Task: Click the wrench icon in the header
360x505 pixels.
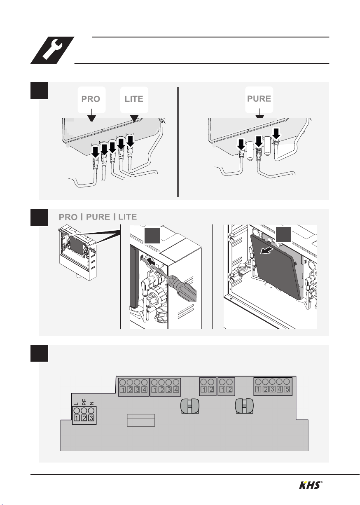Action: (x=52, y=50)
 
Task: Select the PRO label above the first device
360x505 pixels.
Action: (x=91, y=99)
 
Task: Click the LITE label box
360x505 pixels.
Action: (x=134, y=100)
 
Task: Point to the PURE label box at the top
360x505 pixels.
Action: (x=259, y=99)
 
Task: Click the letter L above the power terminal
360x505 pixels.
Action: (x=77, y=404)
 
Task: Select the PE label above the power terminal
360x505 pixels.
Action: (x=84, y=402)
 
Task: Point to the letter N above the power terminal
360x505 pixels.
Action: (x=91, y=404)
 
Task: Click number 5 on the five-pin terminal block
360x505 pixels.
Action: (x=287, y=389)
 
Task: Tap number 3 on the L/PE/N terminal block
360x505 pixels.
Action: (x=91, y=418)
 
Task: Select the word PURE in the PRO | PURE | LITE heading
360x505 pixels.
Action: (x=98, y=217)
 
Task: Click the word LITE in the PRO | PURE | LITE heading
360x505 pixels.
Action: (x=128, y=217)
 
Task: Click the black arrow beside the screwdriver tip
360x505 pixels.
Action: (x=151, y=262)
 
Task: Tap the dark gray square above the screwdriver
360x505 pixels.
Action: (x=152, y=236)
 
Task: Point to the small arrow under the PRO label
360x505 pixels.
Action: (x=91, y=115)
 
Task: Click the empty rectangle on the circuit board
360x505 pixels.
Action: (x=141, y=420)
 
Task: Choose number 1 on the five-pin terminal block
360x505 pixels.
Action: (x=258, y=389)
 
